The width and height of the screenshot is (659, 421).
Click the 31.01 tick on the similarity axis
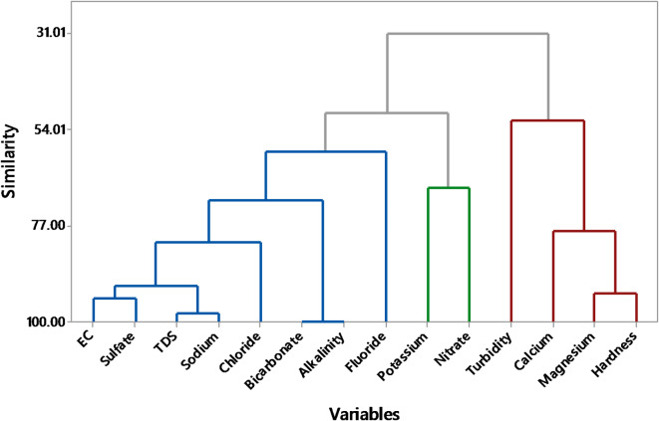pos(50,33)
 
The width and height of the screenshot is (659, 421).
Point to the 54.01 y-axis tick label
pos(50,129)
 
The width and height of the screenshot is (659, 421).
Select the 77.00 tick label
pos(50,226)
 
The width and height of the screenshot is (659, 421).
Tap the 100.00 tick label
pos(47,322)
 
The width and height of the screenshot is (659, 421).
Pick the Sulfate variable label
pos(120,349)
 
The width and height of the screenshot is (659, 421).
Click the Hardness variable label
pos(614,354)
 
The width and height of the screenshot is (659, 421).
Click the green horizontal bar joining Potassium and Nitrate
pos(448,188)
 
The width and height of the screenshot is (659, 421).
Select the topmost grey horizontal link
pos(468,34)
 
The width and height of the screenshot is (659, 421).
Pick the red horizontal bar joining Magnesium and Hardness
pos(614,294)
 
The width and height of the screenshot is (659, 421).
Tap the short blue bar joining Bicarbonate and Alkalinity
pos(322,321)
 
